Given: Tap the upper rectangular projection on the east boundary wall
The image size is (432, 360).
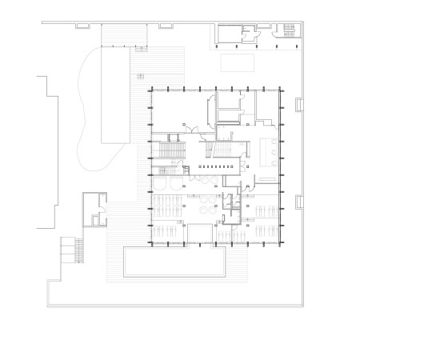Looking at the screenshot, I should pyautogui.click(x=299, y=104).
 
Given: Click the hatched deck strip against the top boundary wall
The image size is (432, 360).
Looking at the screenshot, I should pyautogui.click(x=123, y=34).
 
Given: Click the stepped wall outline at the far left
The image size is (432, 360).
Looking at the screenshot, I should pyautogui.click(x=46, y=152).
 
